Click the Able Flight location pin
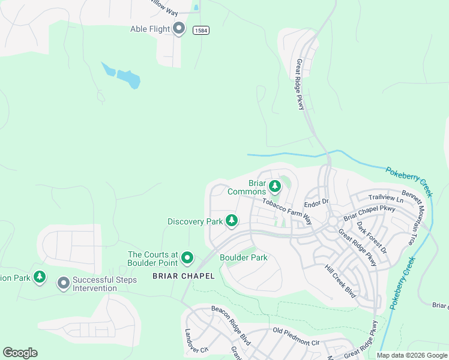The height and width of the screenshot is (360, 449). (178, 29)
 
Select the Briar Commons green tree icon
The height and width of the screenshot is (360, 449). (274, 187)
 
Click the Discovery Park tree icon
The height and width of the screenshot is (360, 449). (231, 221)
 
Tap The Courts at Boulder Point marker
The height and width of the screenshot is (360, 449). (187, 259)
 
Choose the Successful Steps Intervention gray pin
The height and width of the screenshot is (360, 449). (64, 283)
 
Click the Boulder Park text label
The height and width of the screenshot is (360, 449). (243, 257)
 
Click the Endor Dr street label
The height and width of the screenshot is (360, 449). (317, 202)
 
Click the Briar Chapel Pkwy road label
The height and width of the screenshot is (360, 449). (369, 214)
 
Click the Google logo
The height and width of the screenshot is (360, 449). (20, 352)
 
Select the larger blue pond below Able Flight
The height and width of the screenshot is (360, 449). (128, 79)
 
